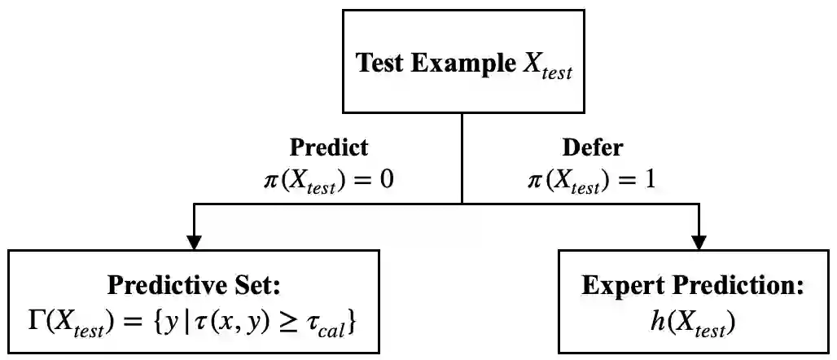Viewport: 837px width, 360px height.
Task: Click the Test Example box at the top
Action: (462, 62)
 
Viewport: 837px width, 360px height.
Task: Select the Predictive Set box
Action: (194, 301)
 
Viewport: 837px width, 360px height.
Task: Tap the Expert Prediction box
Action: (693, 301)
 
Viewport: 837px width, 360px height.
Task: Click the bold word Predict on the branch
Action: (328, 147)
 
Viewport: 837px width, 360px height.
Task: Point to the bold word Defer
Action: (592, 147)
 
